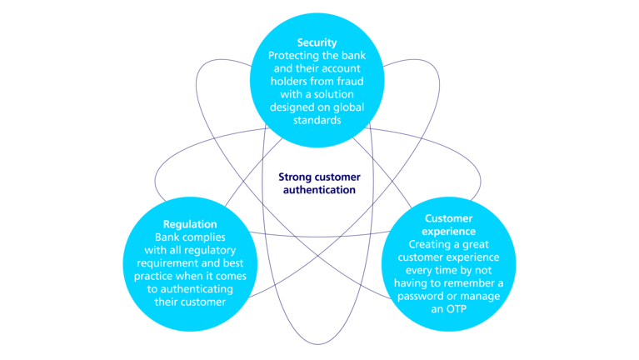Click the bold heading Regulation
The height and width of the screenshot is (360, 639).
(192, 223)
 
